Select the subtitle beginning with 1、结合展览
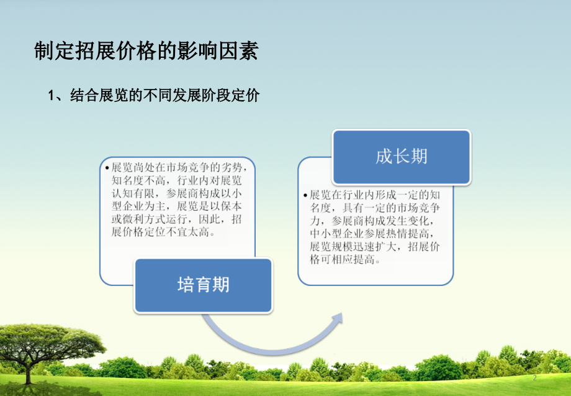pos(153,96)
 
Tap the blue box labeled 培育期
pos(204,285)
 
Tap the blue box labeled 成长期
pos(401,156)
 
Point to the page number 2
pos(534,378)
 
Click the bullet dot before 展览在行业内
pos(305,195)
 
